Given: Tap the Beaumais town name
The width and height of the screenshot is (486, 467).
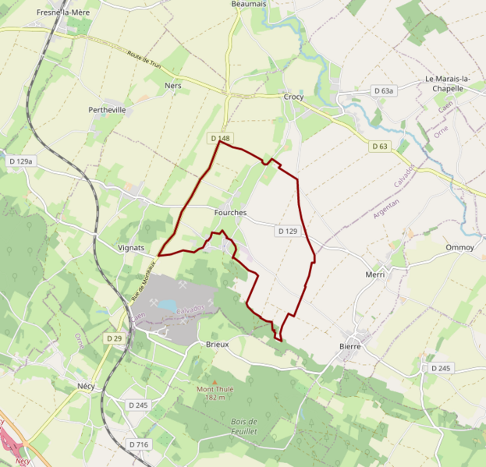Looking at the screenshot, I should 249,4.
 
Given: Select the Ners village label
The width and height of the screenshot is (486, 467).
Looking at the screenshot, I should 172,86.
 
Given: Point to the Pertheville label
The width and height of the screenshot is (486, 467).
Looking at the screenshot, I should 108,111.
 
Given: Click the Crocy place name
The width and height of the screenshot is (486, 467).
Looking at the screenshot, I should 293,97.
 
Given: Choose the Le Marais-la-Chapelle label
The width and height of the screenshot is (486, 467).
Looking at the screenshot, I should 455,83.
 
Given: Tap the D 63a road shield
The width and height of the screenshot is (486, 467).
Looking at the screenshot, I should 384,91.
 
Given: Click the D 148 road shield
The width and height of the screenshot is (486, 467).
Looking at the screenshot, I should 220,139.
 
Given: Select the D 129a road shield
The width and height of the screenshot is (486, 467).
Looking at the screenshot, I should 21,161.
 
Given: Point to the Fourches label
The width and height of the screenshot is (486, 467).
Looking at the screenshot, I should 229,212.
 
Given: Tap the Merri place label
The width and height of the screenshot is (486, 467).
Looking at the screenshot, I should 375,274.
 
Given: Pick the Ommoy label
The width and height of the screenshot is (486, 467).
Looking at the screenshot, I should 459,247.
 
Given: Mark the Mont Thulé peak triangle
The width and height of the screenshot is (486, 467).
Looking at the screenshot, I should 215,381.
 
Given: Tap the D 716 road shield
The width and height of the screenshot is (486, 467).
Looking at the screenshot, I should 138,444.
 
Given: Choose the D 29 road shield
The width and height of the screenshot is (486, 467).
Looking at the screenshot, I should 114,338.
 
